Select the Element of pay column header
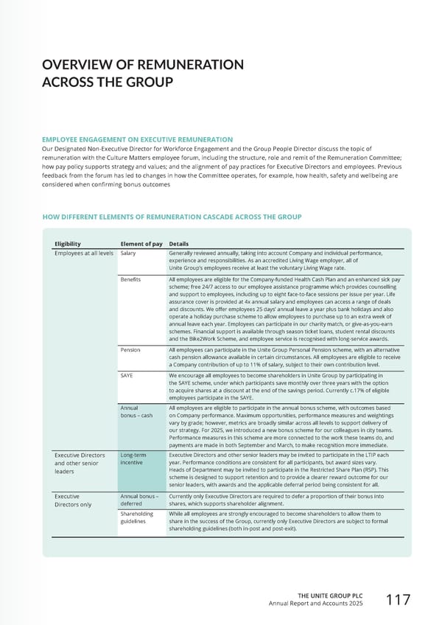(x=141, y=243)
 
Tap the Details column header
(x=179, y=243)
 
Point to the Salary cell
(x=128, y=254)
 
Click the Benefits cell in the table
(x=130, y=281)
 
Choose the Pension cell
(x=130, y=350)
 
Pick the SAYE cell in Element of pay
(x=127, y=375)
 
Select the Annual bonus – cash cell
(x=136, y=411)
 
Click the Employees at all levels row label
(x=83, y=254)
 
